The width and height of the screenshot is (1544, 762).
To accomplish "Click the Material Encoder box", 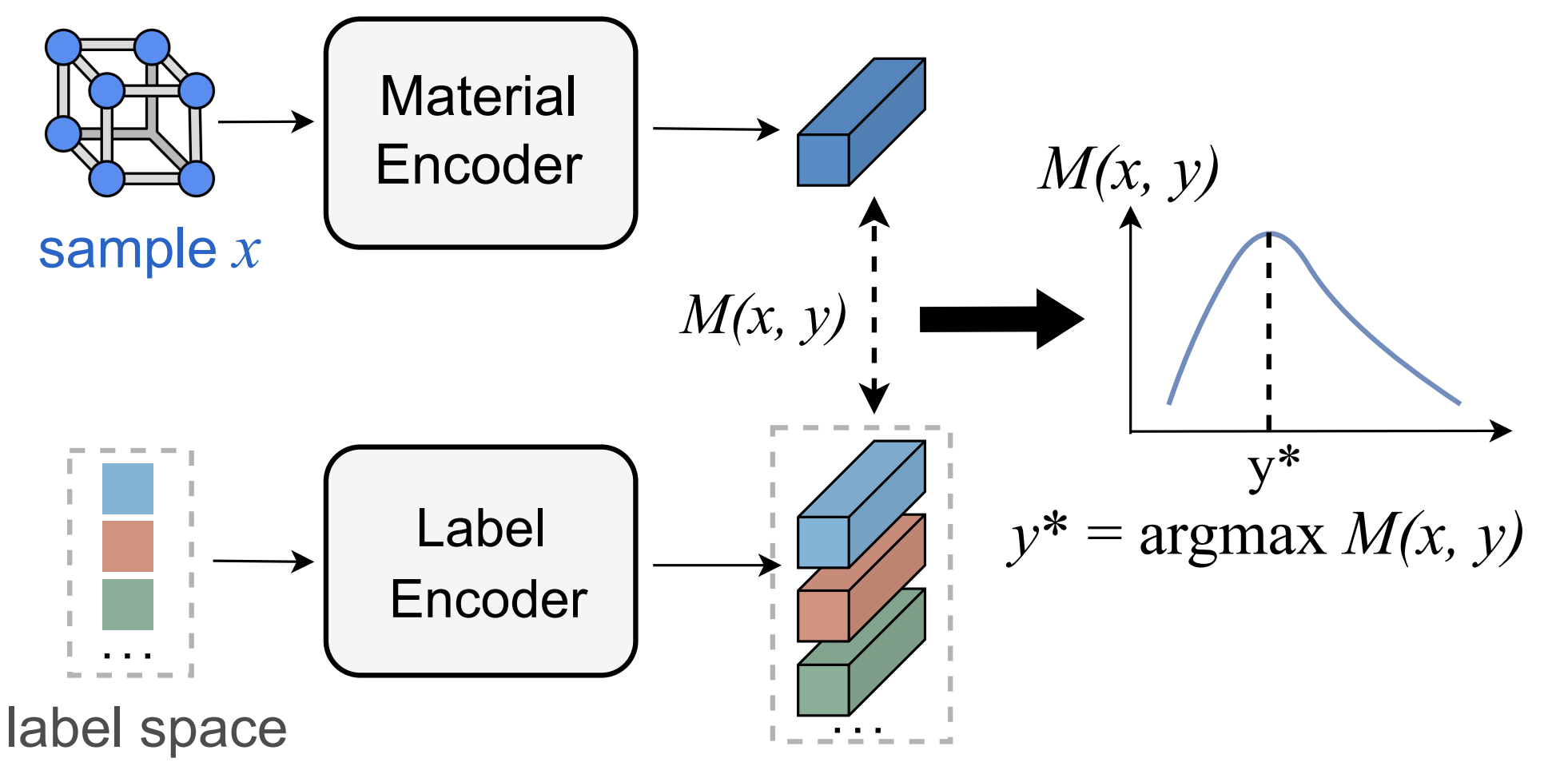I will pyautogui.click(x=480, y=133).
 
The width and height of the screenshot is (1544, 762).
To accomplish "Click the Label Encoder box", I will pyautogui.click(x=480, y=562).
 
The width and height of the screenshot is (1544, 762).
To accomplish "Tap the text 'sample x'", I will pyautogui.click(x=149, y=250).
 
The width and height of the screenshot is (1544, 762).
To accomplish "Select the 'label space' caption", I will pyautogui.click(x=145, y=728).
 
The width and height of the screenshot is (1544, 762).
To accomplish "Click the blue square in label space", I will pyautogui.click(x=128, y=489).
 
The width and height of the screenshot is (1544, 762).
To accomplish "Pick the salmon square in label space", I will pyautogui.click(x=128, y=546).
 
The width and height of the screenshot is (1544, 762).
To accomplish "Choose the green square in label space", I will pyautogui.click(x=128, y=605).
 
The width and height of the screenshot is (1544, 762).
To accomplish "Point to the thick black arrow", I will pyautogui.click(x=999, y=319).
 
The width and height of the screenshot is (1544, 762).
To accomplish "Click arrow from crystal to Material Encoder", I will pyautogui.click(x=265, y=122).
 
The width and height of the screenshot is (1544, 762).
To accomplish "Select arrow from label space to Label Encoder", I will pyautogui.click(x=263, y=562).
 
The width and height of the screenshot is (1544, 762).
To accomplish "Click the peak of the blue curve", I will pyautogui.click(x=1270, y=234).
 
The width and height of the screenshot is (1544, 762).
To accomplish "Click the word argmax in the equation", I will pyautogui.click(x=1232, y=536).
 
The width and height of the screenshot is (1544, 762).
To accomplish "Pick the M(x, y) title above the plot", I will pyautogui.click(x=1128, y=170).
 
